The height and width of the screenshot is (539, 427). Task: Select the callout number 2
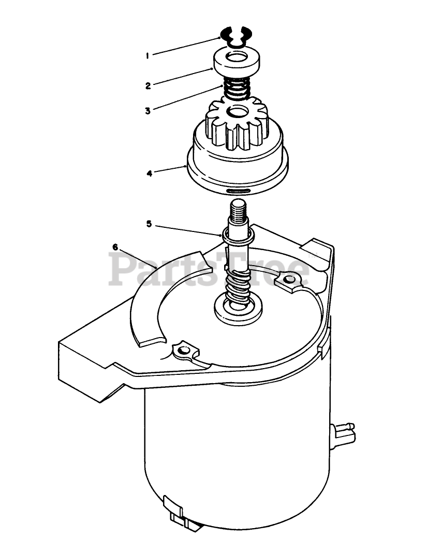[x=148, y=86]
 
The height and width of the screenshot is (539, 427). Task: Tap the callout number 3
[x=148, y=110]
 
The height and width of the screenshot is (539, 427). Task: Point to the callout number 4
[x=149, y=173]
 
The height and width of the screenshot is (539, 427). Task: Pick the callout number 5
[x=149, y=224]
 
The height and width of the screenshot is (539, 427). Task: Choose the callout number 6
[x=115, y=247]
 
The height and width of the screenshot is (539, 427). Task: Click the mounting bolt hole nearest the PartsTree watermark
[x=289, y=280]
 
